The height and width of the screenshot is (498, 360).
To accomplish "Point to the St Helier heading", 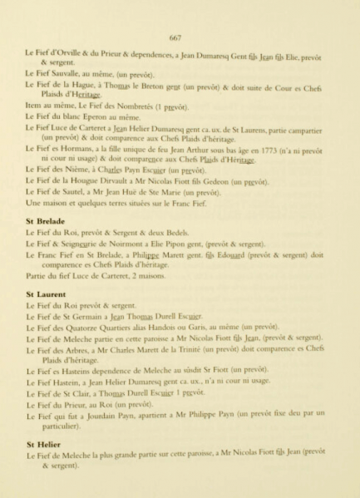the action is (x=43, y=445).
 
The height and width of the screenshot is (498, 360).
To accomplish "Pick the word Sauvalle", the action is (x=69, y=75).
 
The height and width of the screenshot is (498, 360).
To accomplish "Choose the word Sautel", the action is (x=75, y=192).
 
